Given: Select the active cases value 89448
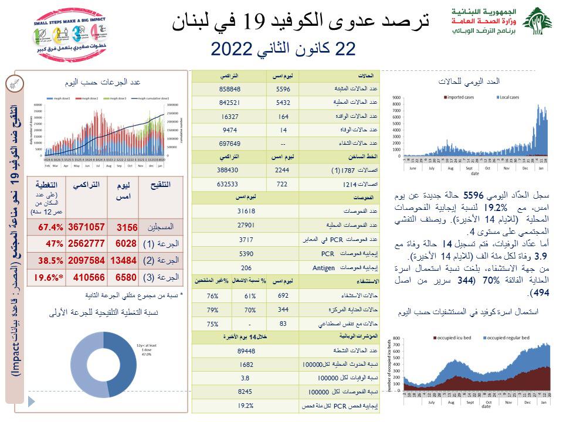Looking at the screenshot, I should [245, 351].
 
